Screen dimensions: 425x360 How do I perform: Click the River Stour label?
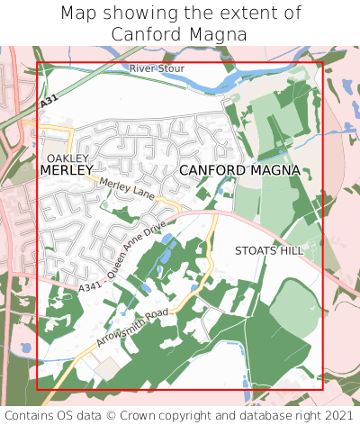[x=157, y=68]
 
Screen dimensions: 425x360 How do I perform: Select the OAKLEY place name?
[x=67, y=158]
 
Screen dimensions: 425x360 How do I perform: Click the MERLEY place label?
[x=67, y=169]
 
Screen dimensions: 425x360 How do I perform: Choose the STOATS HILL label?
[x=269, y=250]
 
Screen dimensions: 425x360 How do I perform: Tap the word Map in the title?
[x=79, y=14]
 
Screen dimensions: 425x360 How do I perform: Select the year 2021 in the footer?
[x=338, y=415]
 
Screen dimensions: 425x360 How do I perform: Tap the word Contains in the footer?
[x=30, y=415]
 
